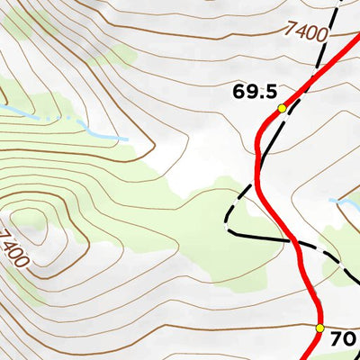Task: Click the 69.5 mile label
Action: click(254, 92)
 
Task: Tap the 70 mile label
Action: click(343, 339)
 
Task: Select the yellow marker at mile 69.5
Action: click(282, 108)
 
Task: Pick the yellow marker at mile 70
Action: click(319, 328)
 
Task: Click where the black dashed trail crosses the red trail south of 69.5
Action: click(293, 241)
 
